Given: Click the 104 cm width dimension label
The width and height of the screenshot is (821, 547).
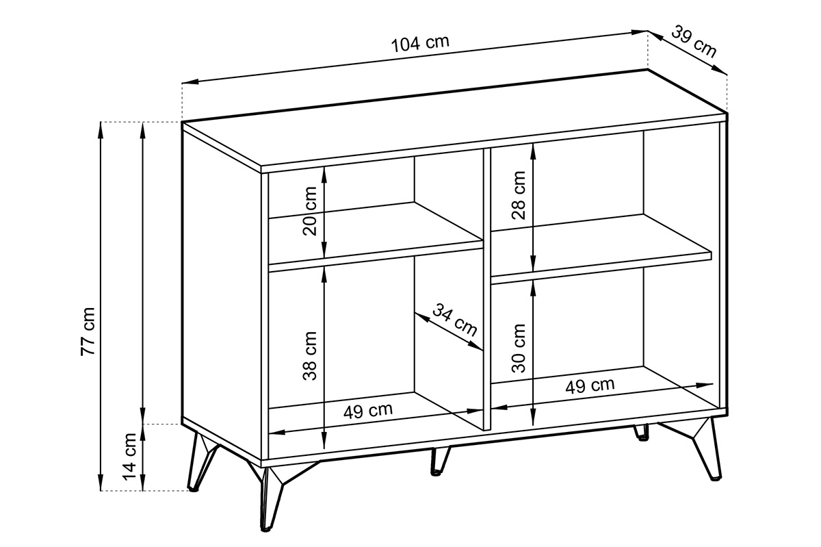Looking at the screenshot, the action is coord(420,44).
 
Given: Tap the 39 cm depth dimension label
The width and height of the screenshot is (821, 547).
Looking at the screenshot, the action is coord(694,42).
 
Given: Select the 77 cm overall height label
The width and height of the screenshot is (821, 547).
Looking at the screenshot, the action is coord(88,331).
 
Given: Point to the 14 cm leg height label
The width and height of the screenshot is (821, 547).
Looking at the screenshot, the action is coord(129,457).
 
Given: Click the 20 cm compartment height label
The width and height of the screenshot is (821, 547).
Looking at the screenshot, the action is coord(310,211).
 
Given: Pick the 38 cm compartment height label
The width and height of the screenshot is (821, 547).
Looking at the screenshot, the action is coord(310,355).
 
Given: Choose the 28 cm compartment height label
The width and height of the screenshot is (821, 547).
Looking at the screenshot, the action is coord(519,196).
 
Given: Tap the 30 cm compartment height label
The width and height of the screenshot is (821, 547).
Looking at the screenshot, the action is coord(519,348).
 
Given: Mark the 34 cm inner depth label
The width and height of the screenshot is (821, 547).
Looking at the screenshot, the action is coord(455,320).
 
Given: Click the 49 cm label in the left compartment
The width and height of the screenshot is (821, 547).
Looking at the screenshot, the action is coord(368,411).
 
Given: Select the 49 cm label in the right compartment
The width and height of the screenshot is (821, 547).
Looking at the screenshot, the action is coord(590,386).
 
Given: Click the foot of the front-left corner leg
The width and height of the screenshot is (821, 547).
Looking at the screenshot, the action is coord(265,529).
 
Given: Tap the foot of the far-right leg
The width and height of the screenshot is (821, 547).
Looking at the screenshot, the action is coord(716,478).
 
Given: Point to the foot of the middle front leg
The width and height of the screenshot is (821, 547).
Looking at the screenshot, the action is coord(436,473).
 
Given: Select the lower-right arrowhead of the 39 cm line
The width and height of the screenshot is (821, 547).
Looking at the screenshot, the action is coord(720,70).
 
